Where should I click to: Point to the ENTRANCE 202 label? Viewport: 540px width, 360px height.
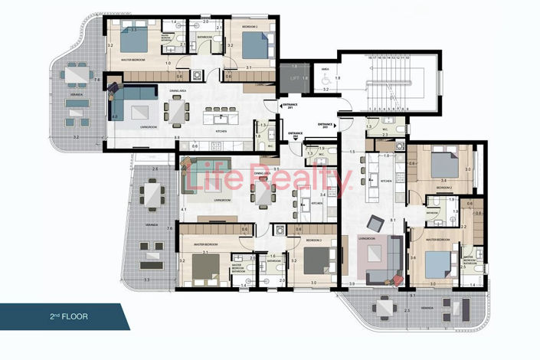[x=296, y=135]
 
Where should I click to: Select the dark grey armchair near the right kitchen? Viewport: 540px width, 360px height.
[x=375, y=223]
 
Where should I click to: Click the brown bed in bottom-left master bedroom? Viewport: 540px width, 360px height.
[x=205, y=266]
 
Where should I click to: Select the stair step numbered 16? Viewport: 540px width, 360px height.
[x=370, y=57]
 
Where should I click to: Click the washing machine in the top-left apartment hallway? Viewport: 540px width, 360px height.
[x=198, y=76]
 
